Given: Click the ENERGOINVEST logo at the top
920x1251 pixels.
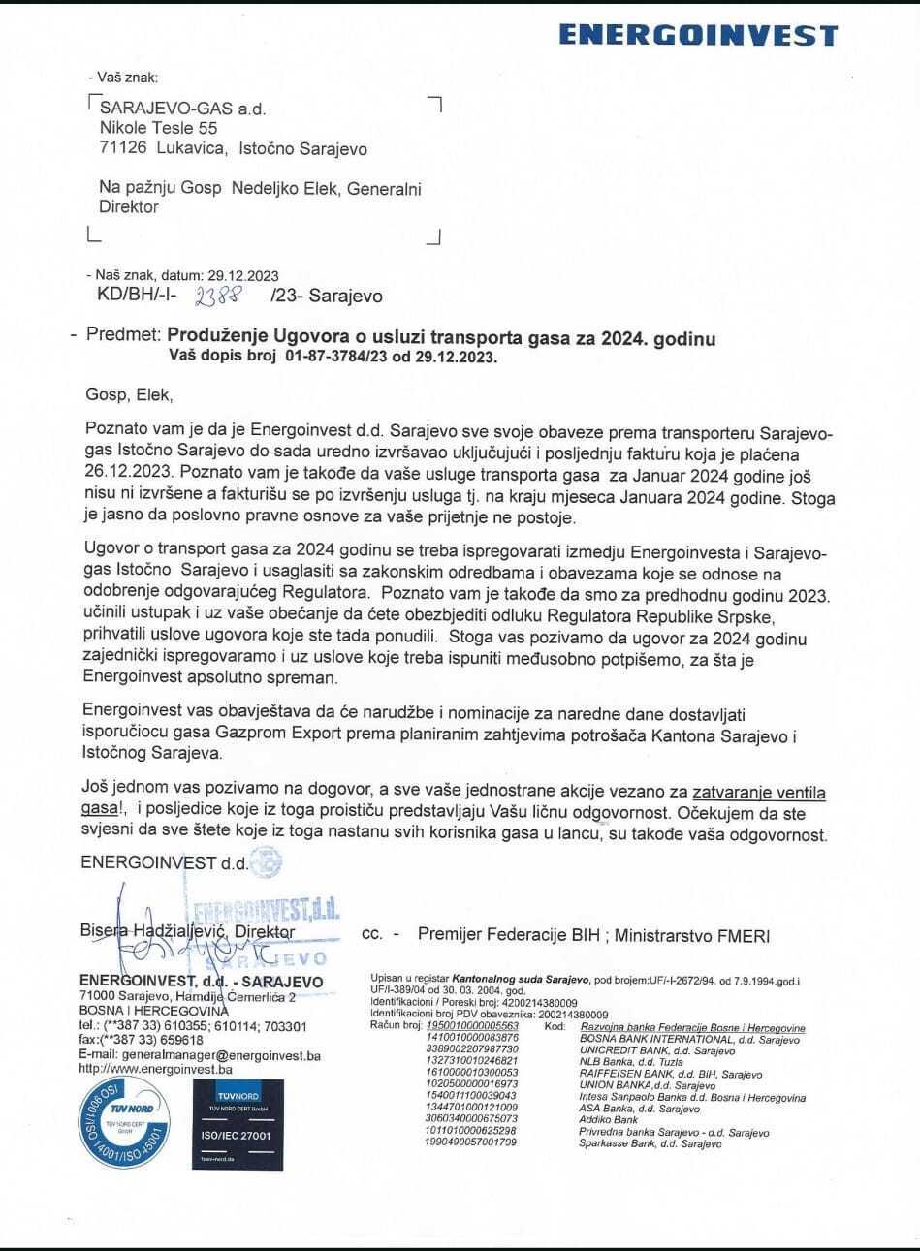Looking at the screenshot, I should [x=698, y=36].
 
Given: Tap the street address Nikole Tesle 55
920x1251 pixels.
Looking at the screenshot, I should [x=159, y=127].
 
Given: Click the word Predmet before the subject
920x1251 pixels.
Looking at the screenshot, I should [x=121, y=337].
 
